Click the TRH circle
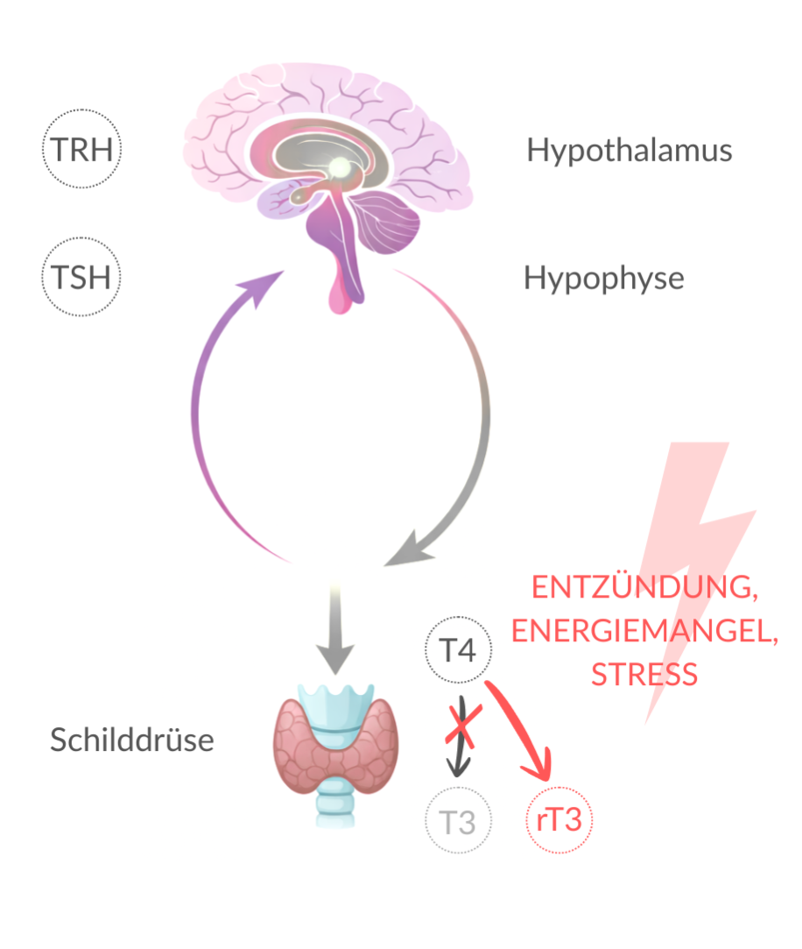click(x=82, y=150)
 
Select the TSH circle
click(x=81, y=279)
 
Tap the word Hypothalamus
click(x=629, y=151)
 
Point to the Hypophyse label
click(x=603, y=279)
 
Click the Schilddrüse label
click(x=131, y=740)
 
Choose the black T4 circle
click(x=458, y=650)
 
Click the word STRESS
click(x=644, y=675)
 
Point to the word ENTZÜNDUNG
click(x=644, y=587)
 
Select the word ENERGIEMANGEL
click(x=644, y=631)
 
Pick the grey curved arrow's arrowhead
click(x=412, y=550)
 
